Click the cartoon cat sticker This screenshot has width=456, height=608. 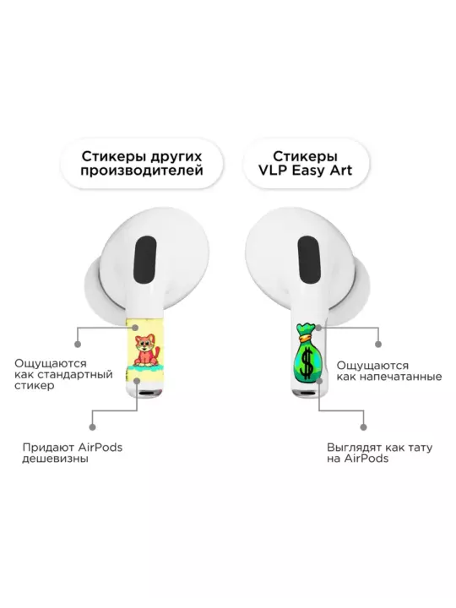tap(146, 351)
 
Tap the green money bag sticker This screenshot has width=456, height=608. tap(307, 352)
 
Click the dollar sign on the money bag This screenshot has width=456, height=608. tap(307, 363)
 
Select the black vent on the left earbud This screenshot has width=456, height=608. tap(144, 260)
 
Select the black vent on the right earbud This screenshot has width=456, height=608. tap(310, 261)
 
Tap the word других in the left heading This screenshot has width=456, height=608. tap(176, 157)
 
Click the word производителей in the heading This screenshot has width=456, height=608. tap(142, 171)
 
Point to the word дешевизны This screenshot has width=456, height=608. tap(55, 459)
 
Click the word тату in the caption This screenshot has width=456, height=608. tap(420, 448)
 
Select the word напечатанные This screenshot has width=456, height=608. tap(404, 377)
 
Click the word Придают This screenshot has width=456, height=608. tap(48, 448)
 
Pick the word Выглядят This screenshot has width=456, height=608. tap(354, 448)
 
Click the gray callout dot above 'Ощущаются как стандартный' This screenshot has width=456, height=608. tap(78, 344)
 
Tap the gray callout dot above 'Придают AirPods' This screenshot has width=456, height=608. tap(92, 427)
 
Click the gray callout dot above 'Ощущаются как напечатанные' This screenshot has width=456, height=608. tap(378, 344)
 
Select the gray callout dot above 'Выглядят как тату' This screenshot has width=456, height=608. tap(363, 427)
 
